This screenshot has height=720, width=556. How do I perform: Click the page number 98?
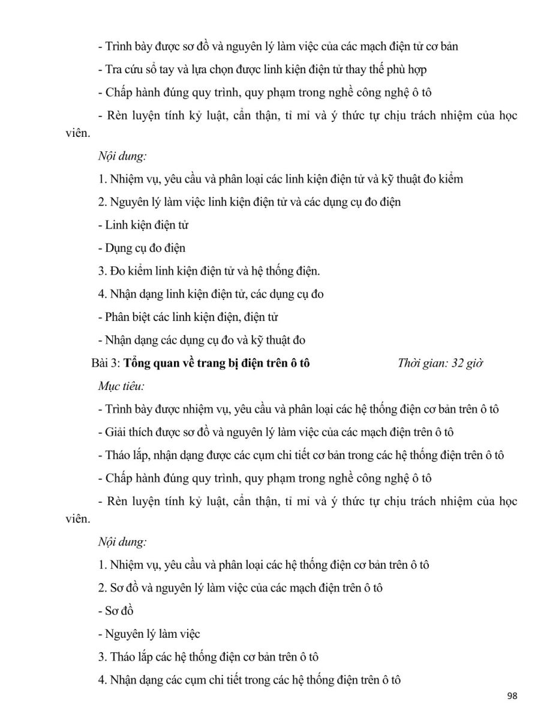point(512,696)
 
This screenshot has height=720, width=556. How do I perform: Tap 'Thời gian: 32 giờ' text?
point(440,363)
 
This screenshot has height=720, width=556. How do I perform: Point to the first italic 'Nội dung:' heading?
point(122,156)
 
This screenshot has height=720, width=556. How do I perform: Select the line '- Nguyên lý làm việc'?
point(149,634)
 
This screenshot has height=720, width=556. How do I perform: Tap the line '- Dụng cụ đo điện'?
point(142,248)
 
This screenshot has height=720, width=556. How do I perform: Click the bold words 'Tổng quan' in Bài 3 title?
point(150,363)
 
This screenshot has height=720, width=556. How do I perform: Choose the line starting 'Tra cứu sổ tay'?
point(262,70)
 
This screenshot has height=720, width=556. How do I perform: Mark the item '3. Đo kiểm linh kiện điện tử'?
point(209,271)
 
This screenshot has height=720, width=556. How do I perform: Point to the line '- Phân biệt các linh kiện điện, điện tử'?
point(188,317)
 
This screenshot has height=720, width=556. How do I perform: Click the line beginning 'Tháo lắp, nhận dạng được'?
point(300,455)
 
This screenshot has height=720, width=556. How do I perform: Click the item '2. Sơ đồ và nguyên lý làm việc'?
point(241,587)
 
